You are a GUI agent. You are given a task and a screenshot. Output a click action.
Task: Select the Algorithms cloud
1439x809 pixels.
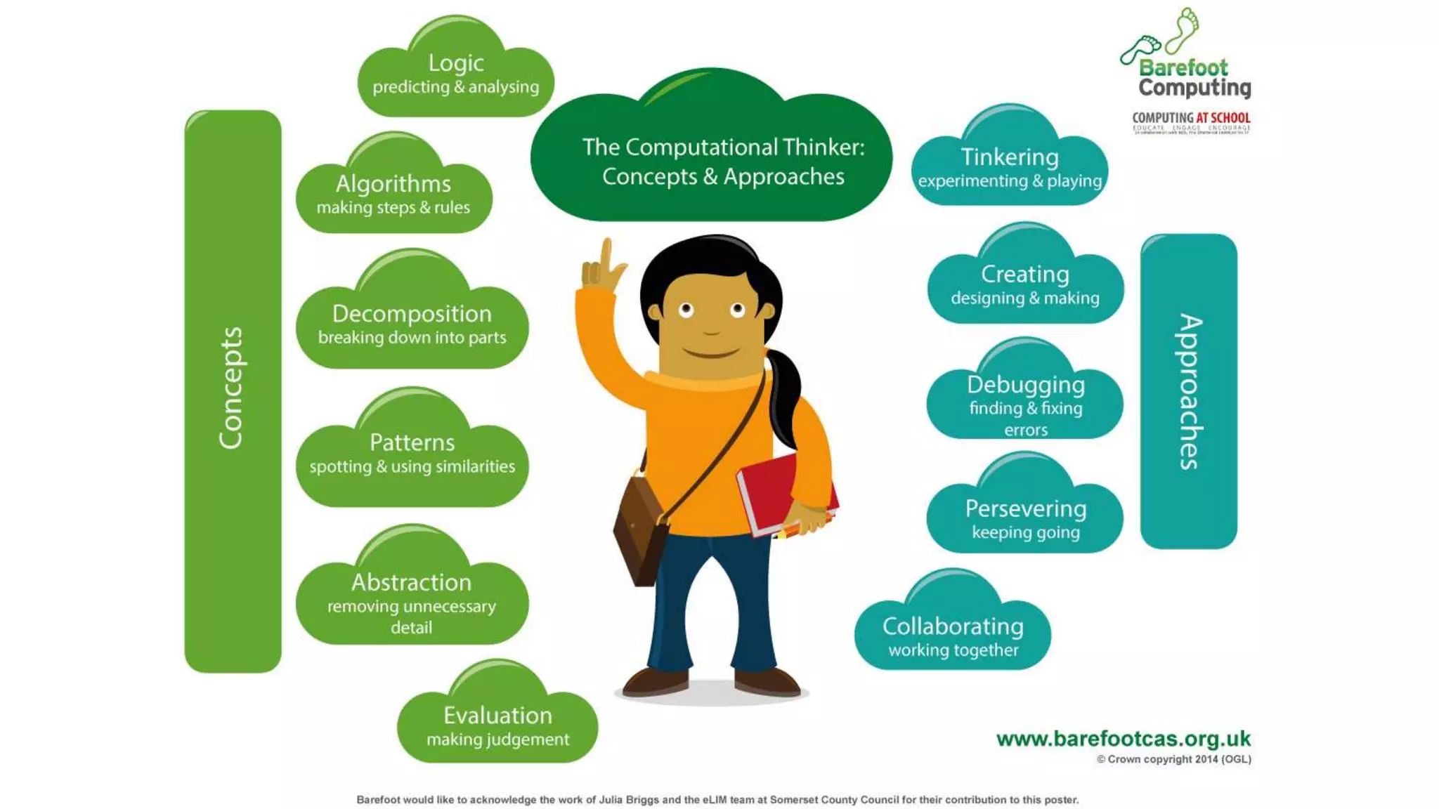pos(393,193)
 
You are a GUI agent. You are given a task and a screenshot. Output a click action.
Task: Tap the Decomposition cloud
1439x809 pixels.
pos(412,323)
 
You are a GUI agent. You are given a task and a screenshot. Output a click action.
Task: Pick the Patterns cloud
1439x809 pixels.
pos(412,453)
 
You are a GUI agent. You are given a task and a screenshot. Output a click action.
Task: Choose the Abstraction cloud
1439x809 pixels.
pos(412,597)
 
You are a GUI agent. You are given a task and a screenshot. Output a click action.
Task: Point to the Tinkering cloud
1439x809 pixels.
pos(1010,166)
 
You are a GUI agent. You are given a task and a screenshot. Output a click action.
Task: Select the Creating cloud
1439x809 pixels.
pos(1025,284)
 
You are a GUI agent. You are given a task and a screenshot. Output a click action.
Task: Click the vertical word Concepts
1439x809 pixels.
pos(231,388)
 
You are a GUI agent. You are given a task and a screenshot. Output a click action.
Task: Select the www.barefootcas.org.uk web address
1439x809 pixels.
pos(1123,739)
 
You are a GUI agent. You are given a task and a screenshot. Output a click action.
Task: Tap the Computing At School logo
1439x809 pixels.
pos(1191,121)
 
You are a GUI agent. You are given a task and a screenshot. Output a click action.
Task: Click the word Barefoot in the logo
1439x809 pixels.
pos(1183,67)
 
